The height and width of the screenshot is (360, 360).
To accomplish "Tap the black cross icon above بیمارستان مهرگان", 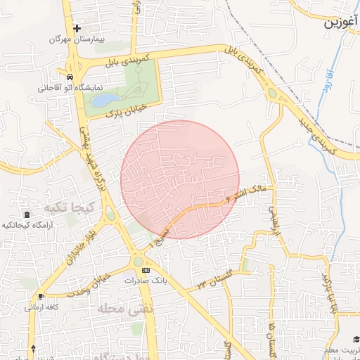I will pyautogui.click(x=77, y=27).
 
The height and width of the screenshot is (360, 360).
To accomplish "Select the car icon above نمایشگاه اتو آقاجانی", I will pyautogui.click(x=70, y=77).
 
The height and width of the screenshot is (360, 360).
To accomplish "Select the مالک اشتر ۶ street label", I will pyautogui.click(x=246, y=193).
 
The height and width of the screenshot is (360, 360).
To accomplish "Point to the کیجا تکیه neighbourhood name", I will pyautogui.click(x=64, y=209).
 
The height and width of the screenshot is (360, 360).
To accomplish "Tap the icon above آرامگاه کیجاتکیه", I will pyautogui.click(x=27, y=214).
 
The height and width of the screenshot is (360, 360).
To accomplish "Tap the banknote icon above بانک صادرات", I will pyautogui.click(x=146, y=270).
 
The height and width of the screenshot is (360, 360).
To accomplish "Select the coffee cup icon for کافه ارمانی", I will pyautogui.click(x=41, y=297).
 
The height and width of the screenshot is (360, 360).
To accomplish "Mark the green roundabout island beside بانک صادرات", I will pyautogui.click(x=138, y=262).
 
